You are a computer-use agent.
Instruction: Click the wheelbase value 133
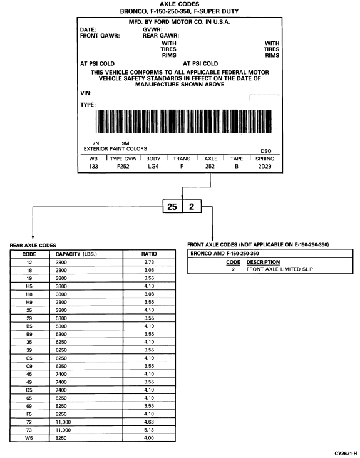pyautogui.click(x=93, y=168)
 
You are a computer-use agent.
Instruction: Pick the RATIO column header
pyautogui.click(x=148, y=254)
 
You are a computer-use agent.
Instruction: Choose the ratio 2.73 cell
pyautogui.click(x=148, y=263)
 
